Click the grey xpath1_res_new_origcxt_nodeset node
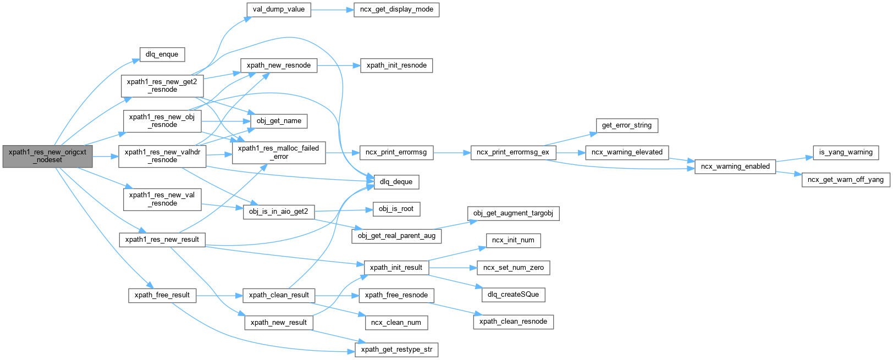pos(47,156)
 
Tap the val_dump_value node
pos(279,9)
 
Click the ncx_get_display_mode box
pos(396,9)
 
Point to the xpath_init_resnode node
pos(396,65)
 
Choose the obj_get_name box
pos(279,121)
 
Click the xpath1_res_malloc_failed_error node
pos(279,152)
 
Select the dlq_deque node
pos(396,182)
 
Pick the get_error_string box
pos(626,125)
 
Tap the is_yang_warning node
pos(845,152)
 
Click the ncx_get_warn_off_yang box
pos(845,180)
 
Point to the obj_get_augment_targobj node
pos(513,213)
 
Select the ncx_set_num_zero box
pos(513,268)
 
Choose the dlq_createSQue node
pos(513,295)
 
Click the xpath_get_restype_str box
pos(396,350)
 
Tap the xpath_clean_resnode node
pos(513,322)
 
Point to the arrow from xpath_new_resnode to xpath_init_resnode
pos(338,65)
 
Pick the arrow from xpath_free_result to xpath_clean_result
pos(219,295)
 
